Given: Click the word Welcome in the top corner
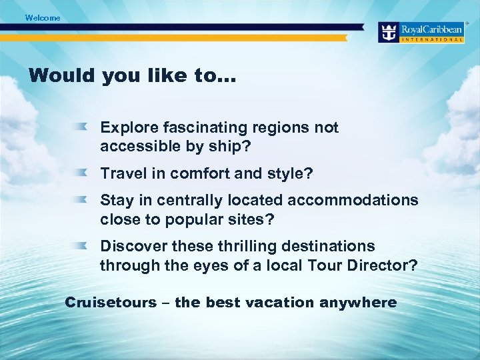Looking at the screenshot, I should point(43,18).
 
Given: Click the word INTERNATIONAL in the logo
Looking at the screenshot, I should point(432,40).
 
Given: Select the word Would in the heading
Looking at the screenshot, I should point(61,75).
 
